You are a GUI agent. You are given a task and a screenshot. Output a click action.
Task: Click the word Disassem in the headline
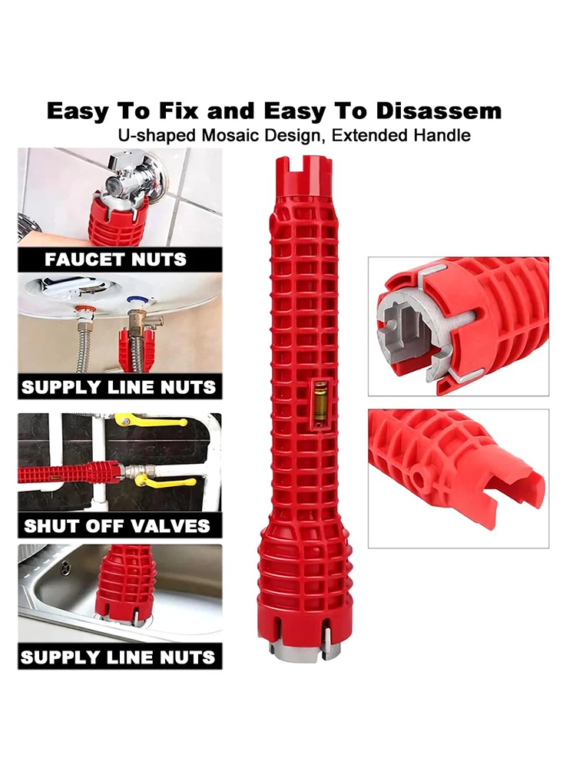tap(439, 111)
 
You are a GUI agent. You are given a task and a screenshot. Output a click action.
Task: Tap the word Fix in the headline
tap(178, 111)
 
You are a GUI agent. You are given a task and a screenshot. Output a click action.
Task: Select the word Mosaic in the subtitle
tap(230, 135)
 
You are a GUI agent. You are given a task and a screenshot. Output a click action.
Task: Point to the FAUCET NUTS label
tap(116, 259)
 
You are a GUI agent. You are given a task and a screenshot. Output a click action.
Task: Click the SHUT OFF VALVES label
tap(117, 526)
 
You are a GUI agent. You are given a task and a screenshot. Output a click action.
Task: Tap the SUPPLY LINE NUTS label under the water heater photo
tap(118, 387)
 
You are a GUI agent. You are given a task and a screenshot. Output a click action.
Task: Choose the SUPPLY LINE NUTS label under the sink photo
tap(118, 657)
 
